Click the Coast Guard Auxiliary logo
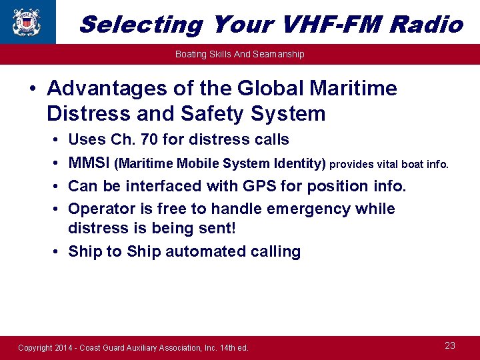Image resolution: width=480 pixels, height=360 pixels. pos(27,22)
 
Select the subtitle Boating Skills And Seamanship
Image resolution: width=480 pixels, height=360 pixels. pos(239,54)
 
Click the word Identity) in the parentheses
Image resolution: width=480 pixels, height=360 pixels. pos(299,163)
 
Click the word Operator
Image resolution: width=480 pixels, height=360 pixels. pos(99,209)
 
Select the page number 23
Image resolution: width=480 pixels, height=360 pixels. pos(450,345)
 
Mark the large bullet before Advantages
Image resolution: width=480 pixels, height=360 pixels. pos(31,89)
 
